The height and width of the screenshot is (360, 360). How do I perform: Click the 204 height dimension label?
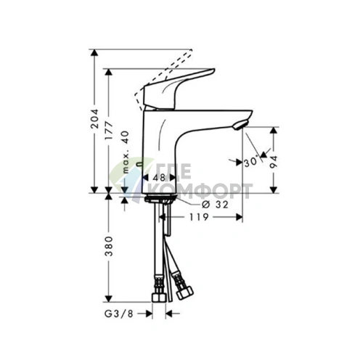[94, 118]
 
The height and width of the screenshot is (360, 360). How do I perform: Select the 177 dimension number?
[109, 131]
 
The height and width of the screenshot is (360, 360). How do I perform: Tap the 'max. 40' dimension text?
[126, 152]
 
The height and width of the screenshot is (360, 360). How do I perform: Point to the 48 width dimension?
[159, 178]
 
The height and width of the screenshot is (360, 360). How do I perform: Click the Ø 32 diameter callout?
[215, 205]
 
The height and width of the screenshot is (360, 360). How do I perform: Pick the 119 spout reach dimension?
[199, 217]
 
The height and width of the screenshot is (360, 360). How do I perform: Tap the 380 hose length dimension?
[109, 246]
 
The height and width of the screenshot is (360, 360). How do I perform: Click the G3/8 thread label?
[119, 314]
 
